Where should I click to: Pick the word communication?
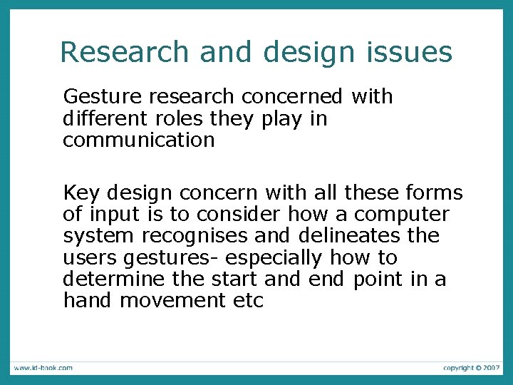click(138, 140)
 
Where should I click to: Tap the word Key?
click(81, 193)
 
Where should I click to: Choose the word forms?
click(433, 193)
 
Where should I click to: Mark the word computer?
click(402, 215)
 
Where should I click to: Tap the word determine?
click(109, 279)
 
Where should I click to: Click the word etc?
click(249, 300)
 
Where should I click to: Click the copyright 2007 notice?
click(471, 368)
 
